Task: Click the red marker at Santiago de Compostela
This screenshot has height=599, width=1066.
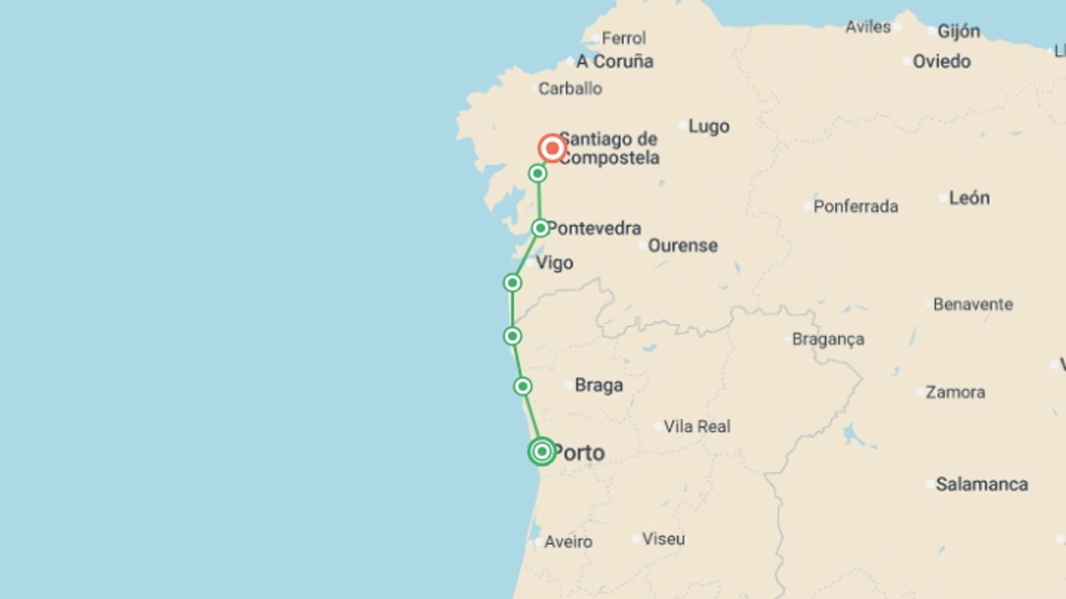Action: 552,148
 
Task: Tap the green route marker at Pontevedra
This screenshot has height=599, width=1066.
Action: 540,228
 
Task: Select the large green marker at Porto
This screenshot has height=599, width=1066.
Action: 542,451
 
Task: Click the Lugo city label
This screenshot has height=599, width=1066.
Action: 708,126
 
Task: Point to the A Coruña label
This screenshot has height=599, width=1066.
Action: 615,62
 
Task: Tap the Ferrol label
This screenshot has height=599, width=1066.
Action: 623,38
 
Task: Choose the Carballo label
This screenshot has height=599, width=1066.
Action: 570,89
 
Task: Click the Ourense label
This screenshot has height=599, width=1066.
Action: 682,245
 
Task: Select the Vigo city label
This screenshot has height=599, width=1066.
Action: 554,262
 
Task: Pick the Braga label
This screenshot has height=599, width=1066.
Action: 599,385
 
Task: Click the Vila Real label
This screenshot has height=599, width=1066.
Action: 697,427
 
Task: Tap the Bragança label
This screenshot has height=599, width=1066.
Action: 828,339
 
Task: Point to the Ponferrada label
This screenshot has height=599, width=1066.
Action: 856,206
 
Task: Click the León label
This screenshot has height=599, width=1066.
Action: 969,198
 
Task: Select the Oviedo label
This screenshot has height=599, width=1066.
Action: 942,61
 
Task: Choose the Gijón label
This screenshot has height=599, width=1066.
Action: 958,31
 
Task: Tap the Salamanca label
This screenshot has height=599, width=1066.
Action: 982,484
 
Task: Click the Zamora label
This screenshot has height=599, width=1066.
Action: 955,392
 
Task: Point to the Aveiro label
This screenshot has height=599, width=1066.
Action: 568,541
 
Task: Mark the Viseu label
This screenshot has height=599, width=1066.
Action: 663,539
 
